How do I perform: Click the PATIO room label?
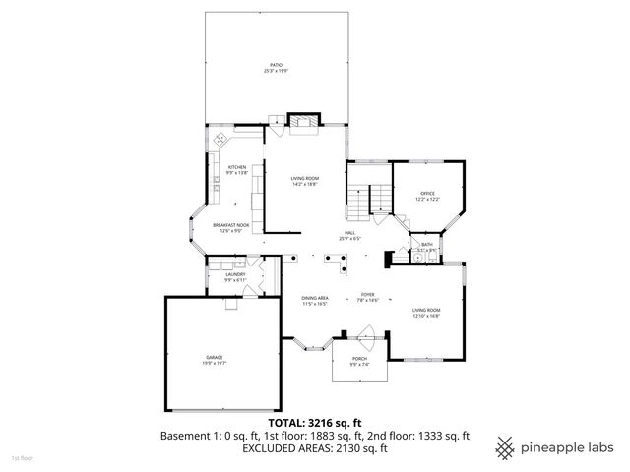276,65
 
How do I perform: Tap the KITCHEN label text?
237,167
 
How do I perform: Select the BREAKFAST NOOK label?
230,225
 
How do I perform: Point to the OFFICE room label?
427,193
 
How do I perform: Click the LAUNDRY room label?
234,275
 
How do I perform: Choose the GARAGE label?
214,356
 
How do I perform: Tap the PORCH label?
360,359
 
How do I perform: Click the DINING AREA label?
314,297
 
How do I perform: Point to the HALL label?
349,232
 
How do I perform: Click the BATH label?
427,245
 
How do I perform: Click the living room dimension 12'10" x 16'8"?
425,317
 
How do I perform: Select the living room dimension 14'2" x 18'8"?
304,184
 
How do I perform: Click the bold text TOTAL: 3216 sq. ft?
315,423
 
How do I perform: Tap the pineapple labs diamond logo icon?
507,446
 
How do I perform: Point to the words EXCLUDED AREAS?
283,448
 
